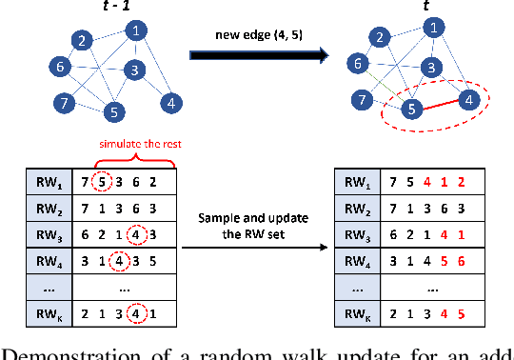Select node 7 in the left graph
pyautogui.click(x=65, y=102)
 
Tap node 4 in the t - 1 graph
pyautogui.click(x=170, y=102)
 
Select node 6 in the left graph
pyautogui.click(x=60, y=68)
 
